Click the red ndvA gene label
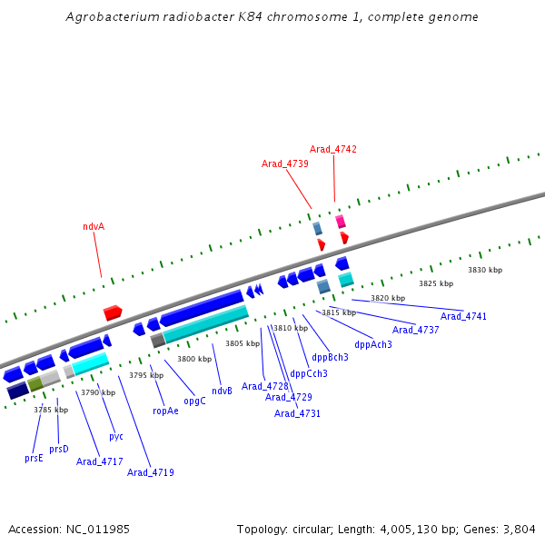coord(94,226)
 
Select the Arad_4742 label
coord(333,149)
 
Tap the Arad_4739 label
coord(285,163)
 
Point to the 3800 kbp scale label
coord(194,359)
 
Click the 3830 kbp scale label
coord(485,270)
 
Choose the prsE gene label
coord(34,459)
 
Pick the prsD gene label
coord(59,449)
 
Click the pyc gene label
coord(116,436)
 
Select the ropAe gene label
coord(165,411)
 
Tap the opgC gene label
coord(194,401)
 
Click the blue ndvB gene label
coord(223,391)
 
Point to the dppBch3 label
coord(331,357)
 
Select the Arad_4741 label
coord(464,316)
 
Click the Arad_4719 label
coord(151,472)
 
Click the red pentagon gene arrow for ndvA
coord(113,312)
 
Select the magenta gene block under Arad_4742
coord(341,222)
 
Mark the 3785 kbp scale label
coord(51,410)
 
